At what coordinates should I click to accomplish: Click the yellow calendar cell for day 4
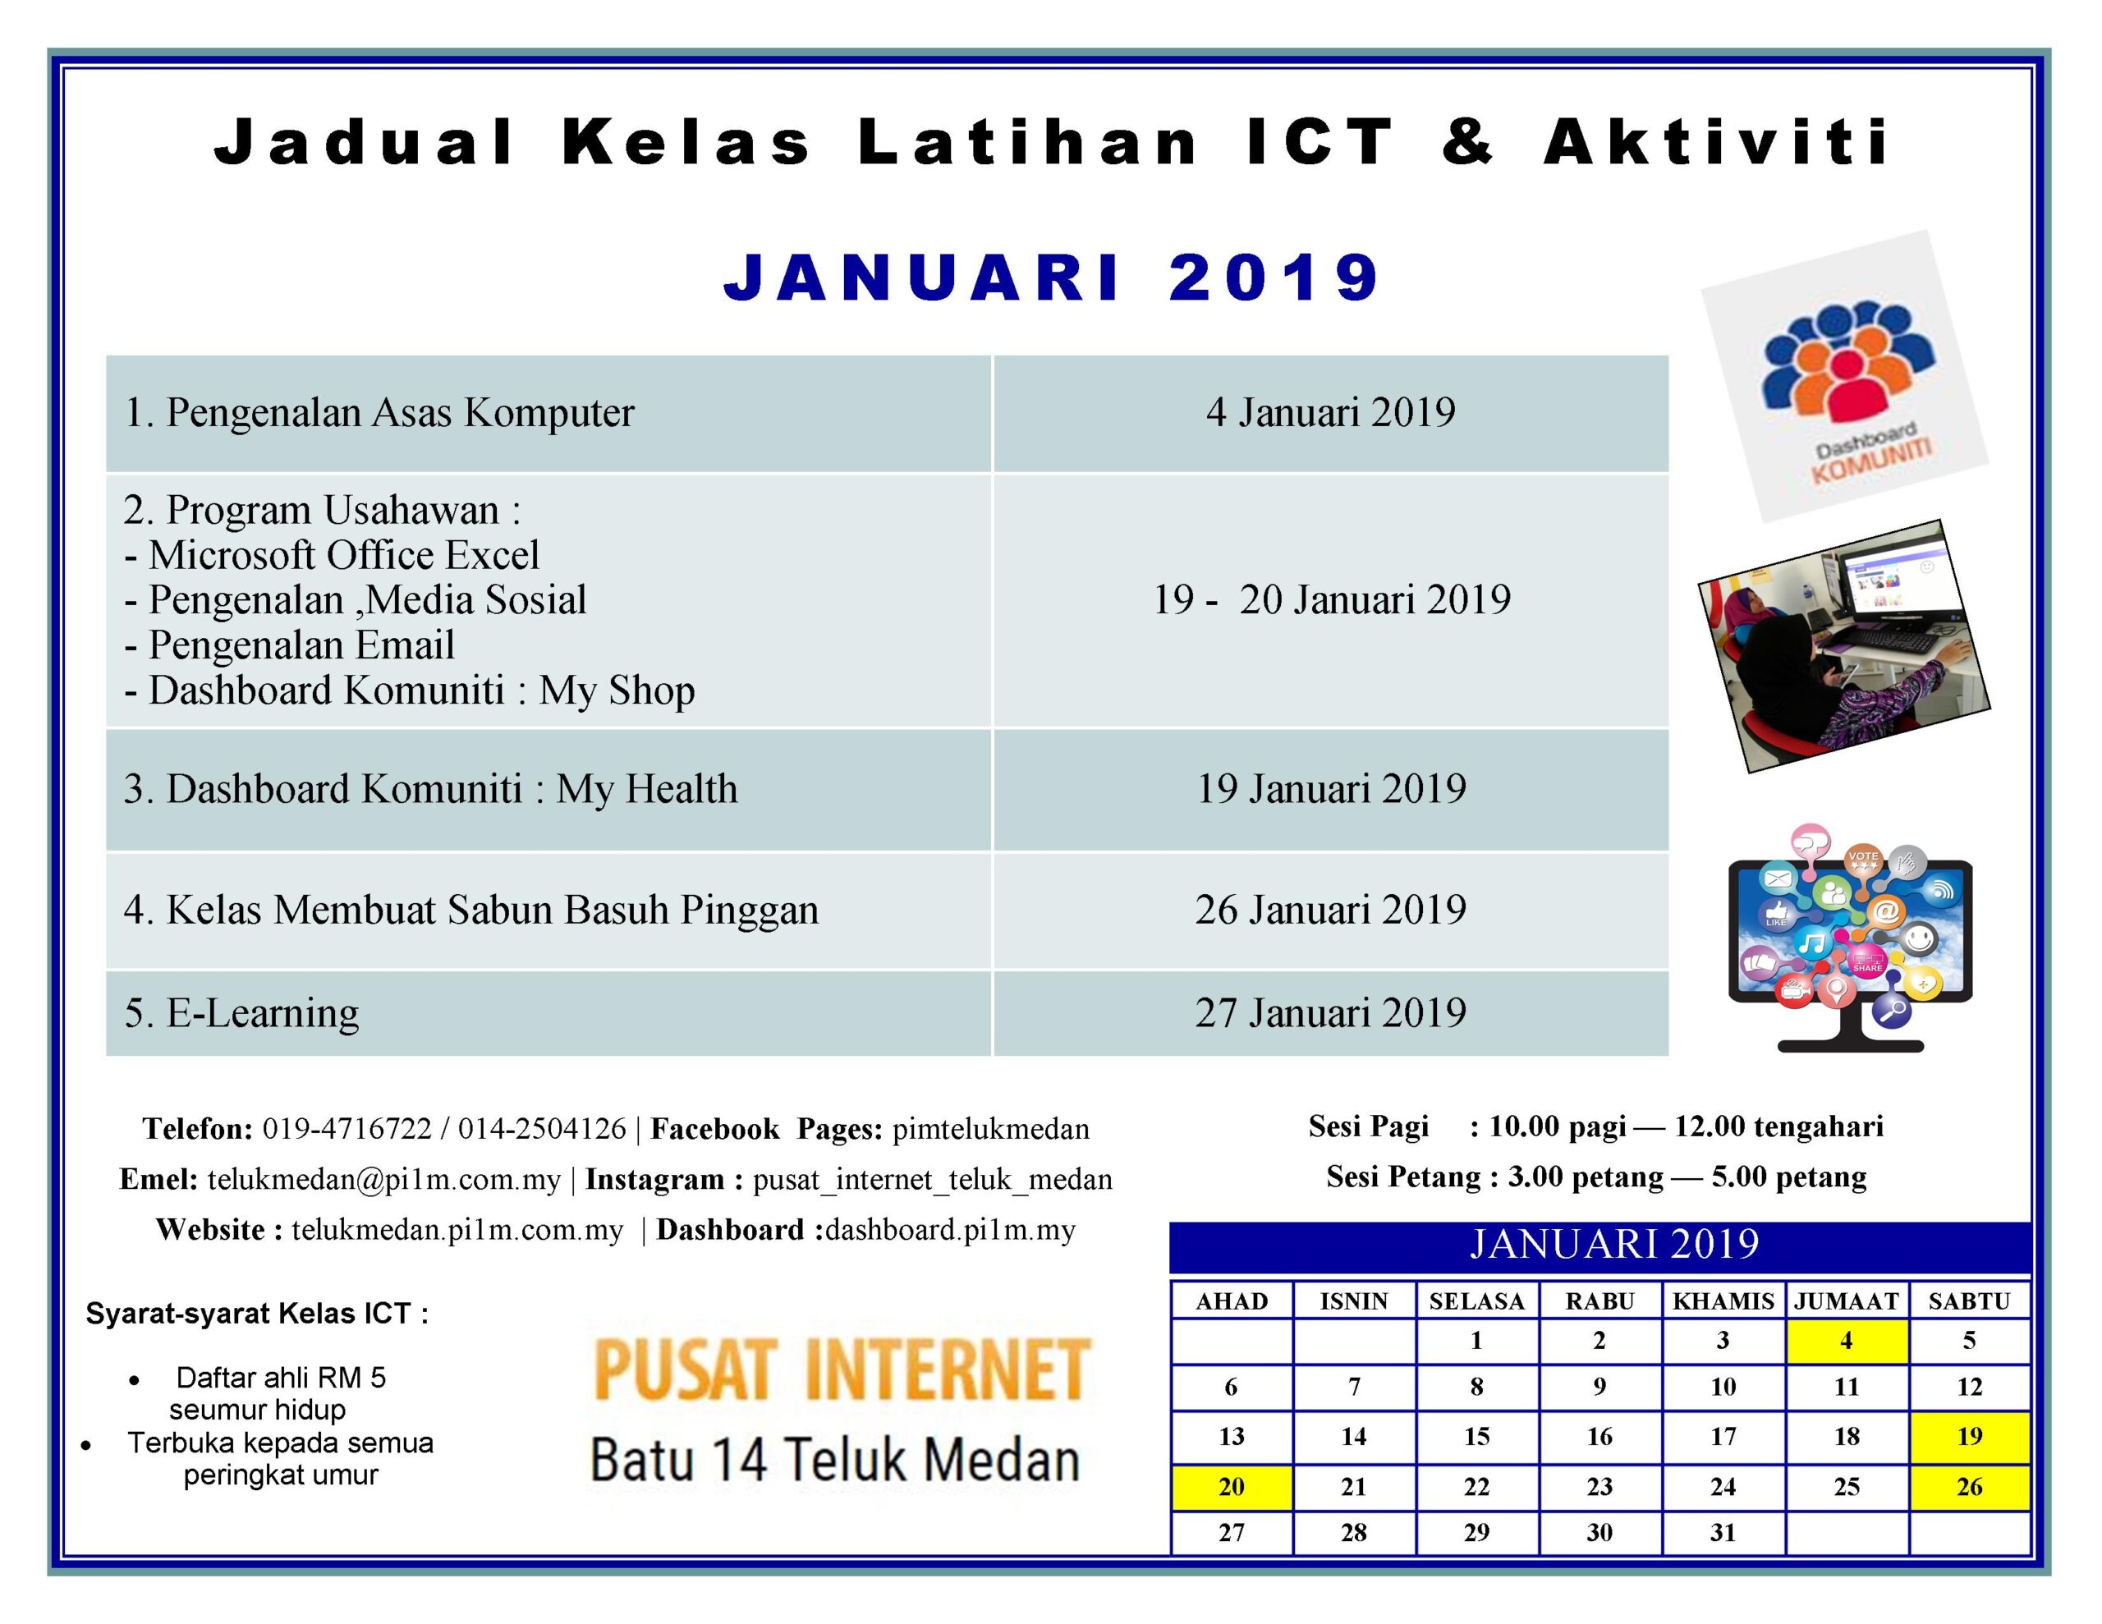pyautogui.click(x=1846, y=1340)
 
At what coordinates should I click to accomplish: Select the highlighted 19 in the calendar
pyautogui.click(x=1969, y=1436)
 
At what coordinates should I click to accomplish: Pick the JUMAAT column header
pyautogui.click(x=1846, y=1301)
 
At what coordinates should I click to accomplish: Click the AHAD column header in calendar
pyautogui.click(x=1232, y=1301)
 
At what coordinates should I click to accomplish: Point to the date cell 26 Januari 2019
pyautogui.click(x=1330, y=910)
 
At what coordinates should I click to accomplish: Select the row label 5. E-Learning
pyautogui.click(x=241, y=1012)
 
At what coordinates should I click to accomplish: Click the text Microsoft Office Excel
pyautogui.click(x=343, y=556)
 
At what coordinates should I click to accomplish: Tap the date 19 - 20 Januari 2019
pyautogui.click(x=1331, y=599)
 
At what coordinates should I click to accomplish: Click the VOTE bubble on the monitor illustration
pyautogui.click(x=1862, y=859)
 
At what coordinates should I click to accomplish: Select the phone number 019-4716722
pyautogui.click(x=347, y=1128)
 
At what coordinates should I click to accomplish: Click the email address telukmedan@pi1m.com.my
pyautogui.click(x=383, y=1179)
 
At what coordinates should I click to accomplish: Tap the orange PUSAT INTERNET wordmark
pyautogui.click(x=841, y=1369)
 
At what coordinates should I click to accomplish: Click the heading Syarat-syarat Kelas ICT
pyautogui.click(x=257, y=1313)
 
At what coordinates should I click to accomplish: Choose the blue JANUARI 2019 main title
pyautogui.click(x=1051, y=278)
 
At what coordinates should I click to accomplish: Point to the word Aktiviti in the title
pyautogui.click(x=1716, y=143)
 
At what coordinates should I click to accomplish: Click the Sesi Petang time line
pyautogui.click(x=1595, y=1177)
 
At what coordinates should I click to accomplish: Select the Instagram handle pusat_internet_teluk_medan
pyautogui.click(x=932, y=1179)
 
